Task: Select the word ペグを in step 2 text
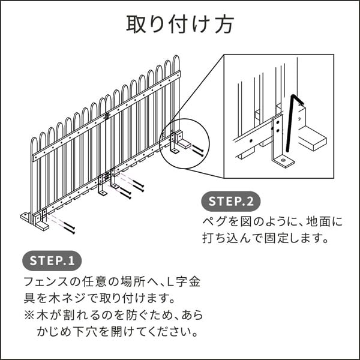point(217,221)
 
